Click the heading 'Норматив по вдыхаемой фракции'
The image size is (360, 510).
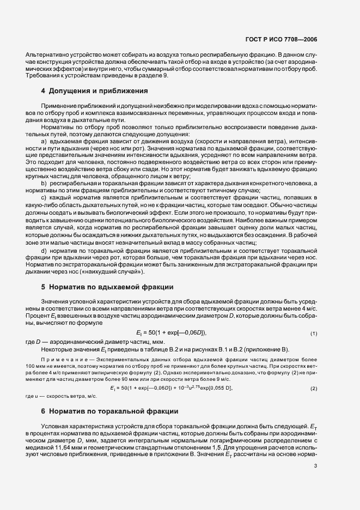[x=111, y=286]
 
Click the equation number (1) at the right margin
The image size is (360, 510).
[x=314, y=332]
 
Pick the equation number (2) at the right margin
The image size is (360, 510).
[x=314, y=388]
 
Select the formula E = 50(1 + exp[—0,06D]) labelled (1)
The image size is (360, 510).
[x=171, y=332]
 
